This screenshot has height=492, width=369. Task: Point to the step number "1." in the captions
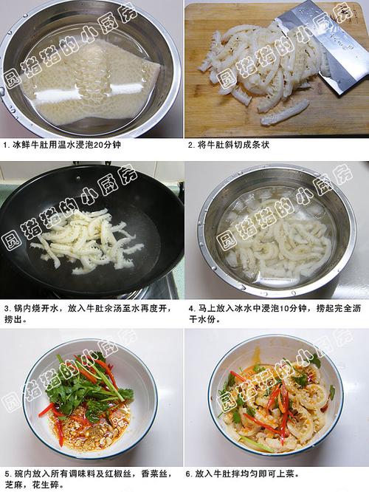[6, 146]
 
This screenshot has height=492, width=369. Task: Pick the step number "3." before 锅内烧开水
[6, 308]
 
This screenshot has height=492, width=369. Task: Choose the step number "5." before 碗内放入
[6, 473]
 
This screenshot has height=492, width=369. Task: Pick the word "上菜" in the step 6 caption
[290, 473]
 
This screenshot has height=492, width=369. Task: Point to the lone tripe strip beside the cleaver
[285, 112]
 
